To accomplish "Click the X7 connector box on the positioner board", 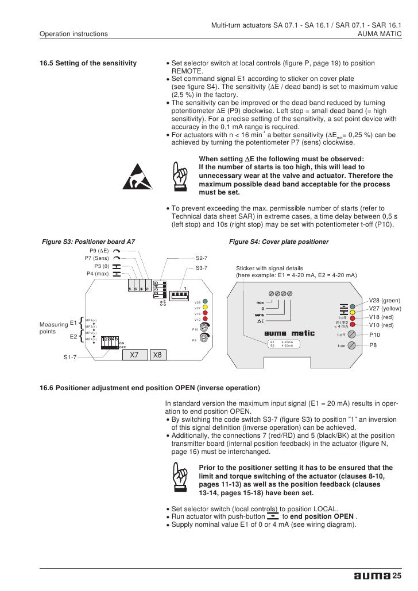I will (133, 355).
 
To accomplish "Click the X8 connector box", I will (157, 355).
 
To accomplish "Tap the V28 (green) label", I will (384, 300).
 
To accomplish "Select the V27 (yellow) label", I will (384, 308).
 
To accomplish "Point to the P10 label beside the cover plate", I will (375, 335).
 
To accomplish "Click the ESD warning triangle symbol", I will (138, 176).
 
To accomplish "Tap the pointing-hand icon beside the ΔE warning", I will (180, 174).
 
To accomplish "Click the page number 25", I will (396, 576).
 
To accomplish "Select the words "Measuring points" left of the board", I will (50, 328).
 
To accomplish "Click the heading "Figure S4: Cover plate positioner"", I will (278, 242).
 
